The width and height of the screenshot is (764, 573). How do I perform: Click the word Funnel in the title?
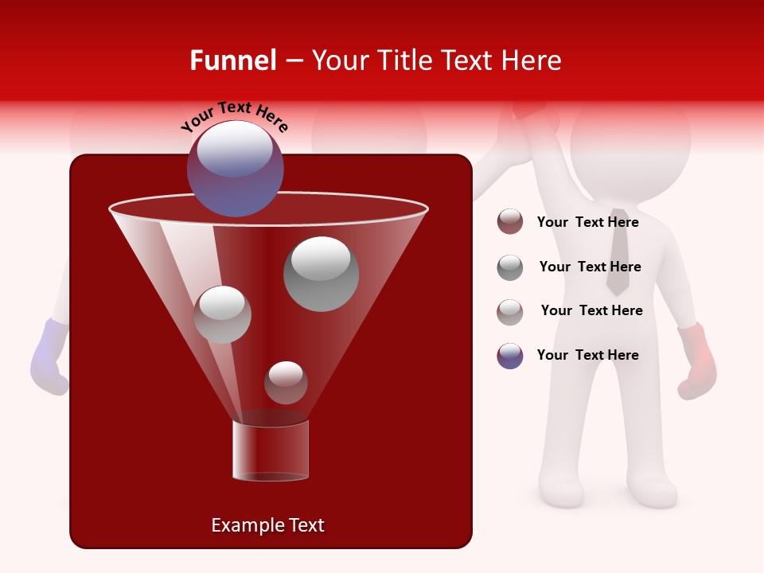coord(232,60)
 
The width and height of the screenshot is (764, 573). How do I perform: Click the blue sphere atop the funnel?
coord(236,169)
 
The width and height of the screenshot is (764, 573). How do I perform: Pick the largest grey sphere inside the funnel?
coord(321,274)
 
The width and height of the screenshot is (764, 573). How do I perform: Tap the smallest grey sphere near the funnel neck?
coord(286,382)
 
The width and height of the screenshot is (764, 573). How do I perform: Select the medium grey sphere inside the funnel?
coord(222,314)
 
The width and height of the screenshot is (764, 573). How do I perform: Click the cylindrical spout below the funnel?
coord(271,451)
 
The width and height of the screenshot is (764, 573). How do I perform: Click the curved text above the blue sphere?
coord(235,116)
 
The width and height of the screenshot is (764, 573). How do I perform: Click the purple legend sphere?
coord(510,356)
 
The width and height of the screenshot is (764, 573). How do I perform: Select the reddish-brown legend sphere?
coord(510,222)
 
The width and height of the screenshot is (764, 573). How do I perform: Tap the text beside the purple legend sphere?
coord(587,355)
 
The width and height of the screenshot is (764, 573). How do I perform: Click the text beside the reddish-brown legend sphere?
coord(587,222)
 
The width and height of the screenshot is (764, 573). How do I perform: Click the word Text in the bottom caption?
coord(305,525)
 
